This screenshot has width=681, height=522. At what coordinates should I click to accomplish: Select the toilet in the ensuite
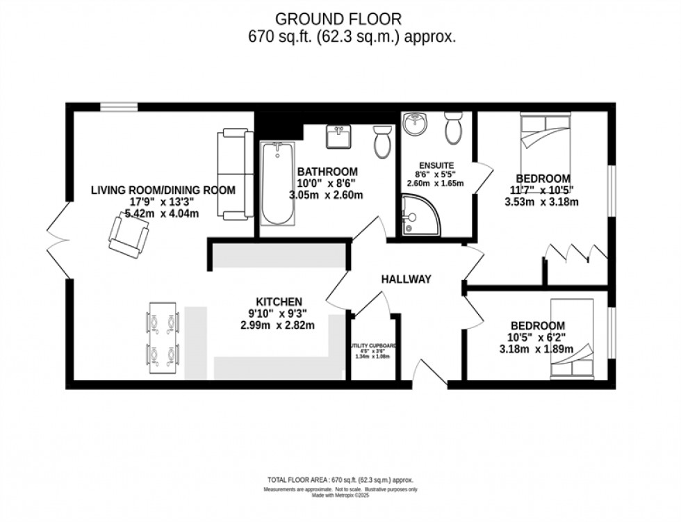coord(454,127)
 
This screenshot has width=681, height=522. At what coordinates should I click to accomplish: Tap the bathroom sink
coord(340,138)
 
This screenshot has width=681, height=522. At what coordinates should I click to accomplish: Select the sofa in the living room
coord(233,174)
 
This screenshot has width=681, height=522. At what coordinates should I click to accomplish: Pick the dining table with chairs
coord(161,339)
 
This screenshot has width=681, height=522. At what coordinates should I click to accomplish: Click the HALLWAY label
coord(407,279)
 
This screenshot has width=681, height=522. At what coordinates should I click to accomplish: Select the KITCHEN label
coord(279,302)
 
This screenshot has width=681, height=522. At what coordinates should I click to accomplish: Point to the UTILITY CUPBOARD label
coord(373,345)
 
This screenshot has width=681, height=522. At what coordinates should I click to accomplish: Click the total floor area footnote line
coord(340,480)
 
